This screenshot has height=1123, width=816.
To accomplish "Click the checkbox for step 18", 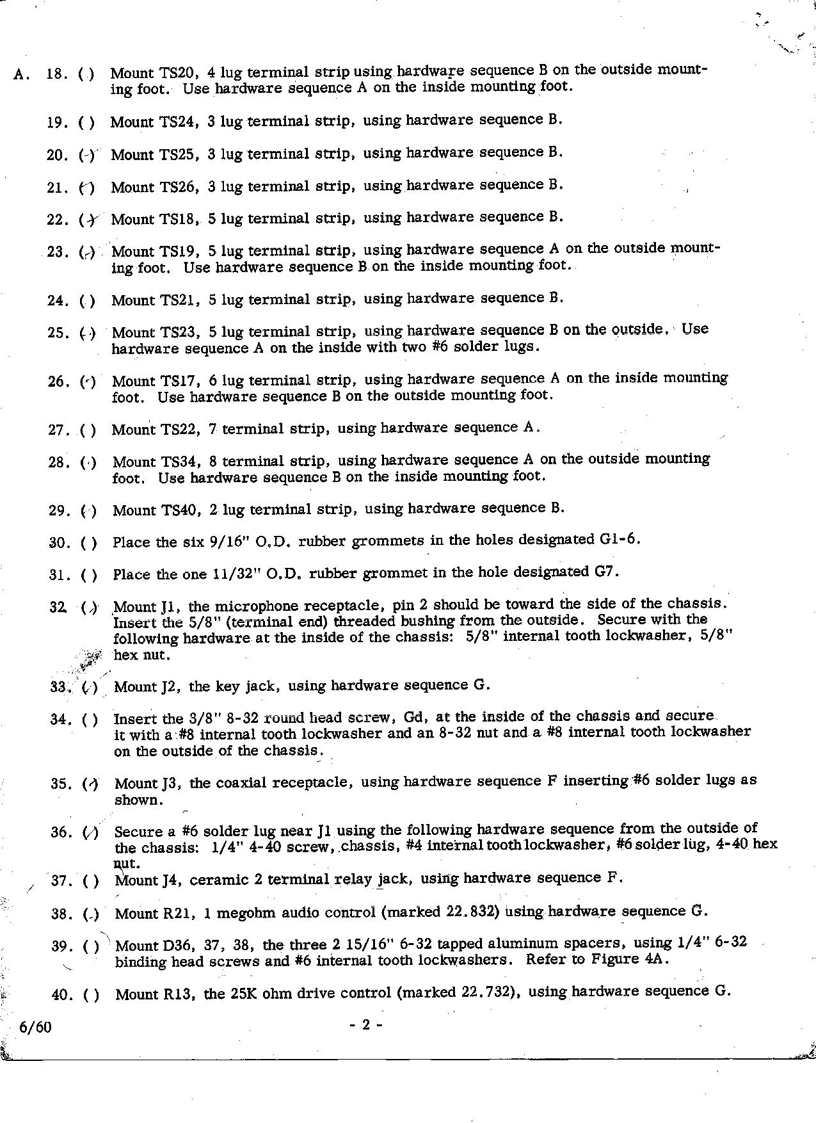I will click(x=86, y=74).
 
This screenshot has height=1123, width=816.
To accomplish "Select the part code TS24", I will click(x=179, y=122).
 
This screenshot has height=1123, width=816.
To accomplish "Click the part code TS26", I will click(x=180, y=187).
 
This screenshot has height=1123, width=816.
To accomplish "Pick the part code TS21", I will click(x=180, y=300).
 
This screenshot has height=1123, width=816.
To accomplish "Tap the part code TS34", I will click(x=181, y=462).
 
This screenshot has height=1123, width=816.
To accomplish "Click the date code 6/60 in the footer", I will click(x=36, y=1027).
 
